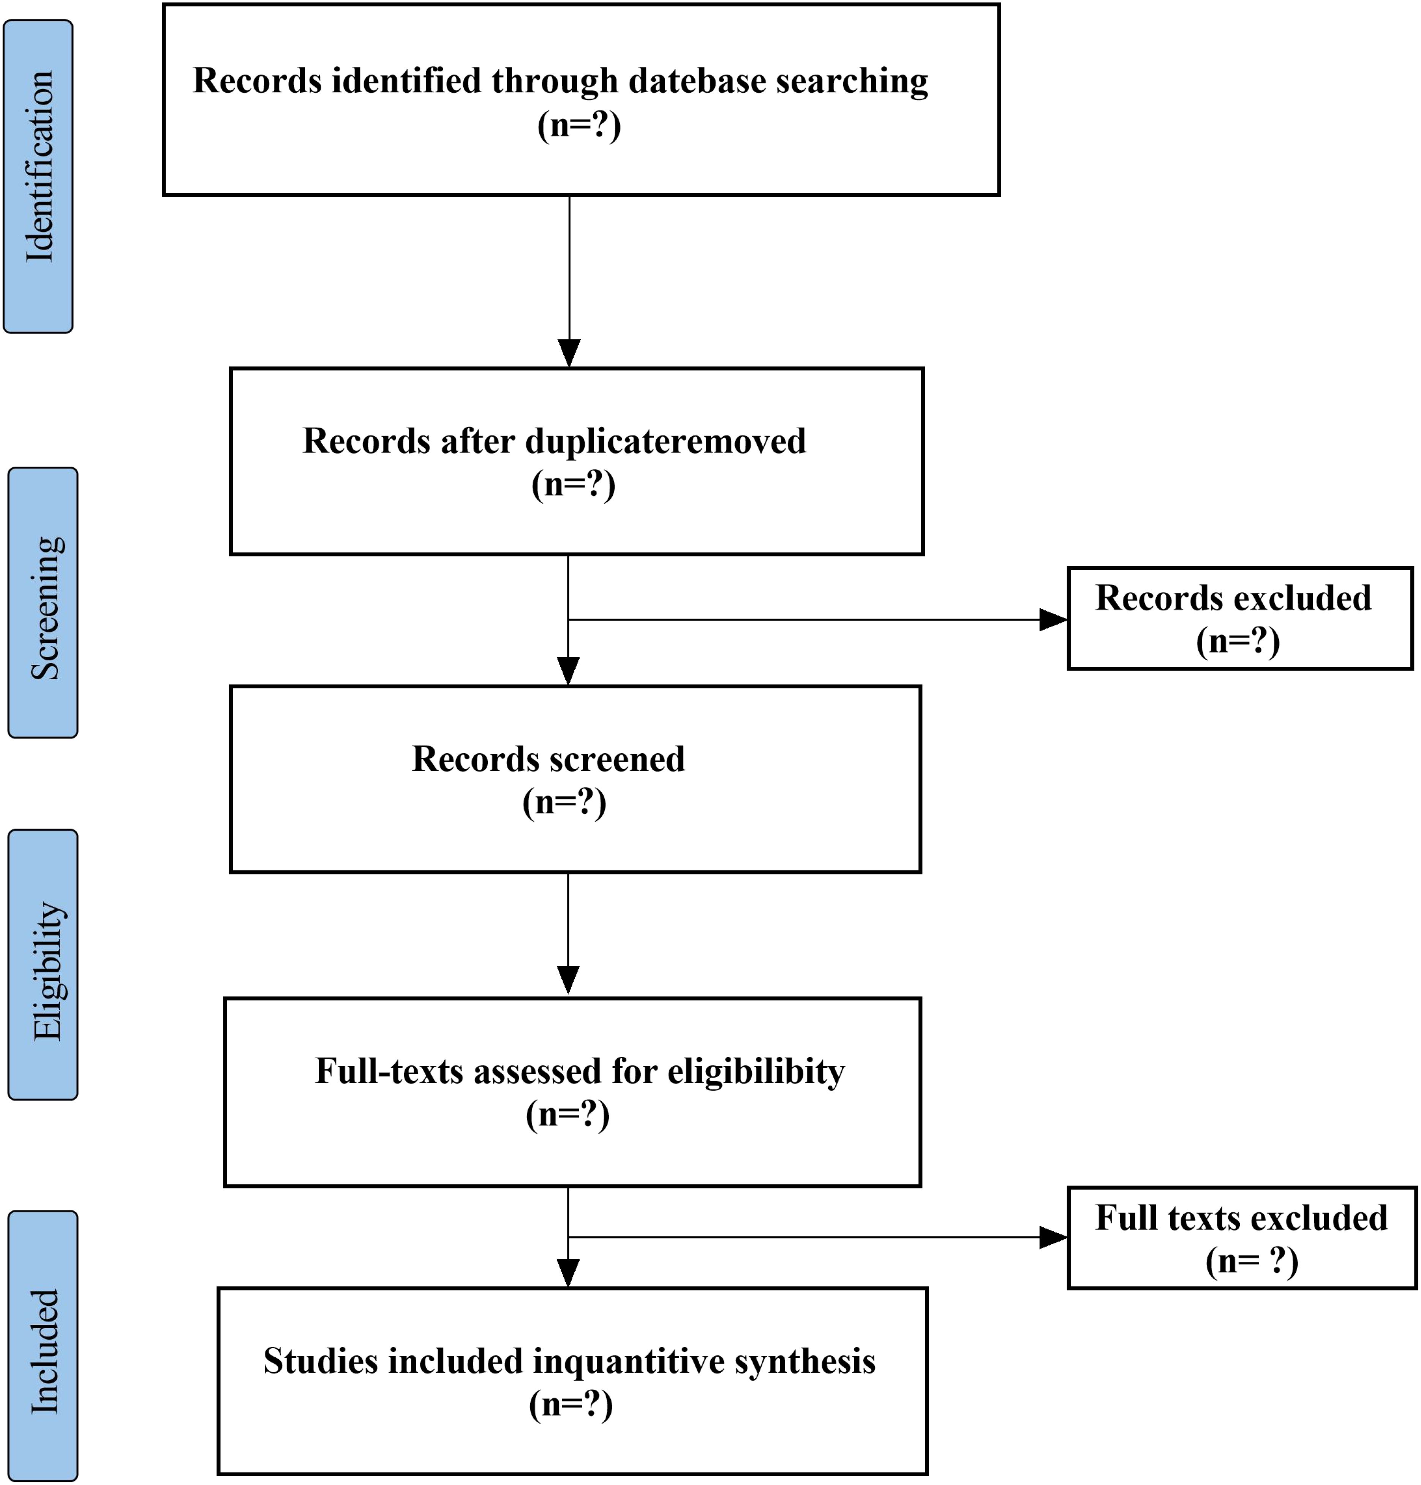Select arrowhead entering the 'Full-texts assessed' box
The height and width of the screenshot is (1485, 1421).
click(x=568, y=980)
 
